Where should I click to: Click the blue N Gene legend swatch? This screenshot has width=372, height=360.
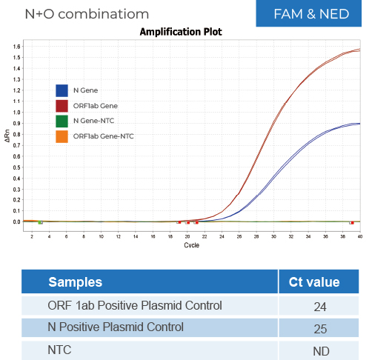pyautogui.click(x=62, y=90)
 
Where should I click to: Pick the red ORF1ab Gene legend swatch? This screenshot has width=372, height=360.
pyautogui.click(x=62, y=106)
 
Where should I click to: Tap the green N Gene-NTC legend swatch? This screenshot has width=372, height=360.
pyautogui.click(x=62, y=121)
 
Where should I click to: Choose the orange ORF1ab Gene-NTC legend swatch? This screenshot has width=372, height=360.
pyautogui.click(x=62, y=136)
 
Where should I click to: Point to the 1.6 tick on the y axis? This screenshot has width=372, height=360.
pyautogui.click(x=16, y=47)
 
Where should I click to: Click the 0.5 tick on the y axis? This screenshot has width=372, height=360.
pyautogui.click(x=16, y=167)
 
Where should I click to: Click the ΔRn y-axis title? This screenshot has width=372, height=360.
pyautogui.click(x=7, y=137)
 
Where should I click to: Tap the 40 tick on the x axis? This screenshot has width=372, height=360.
pyautogui.click(x=360, y=236)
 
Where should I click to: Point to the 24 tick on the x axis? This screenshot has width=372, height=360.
pyautogui.click(x=222, y=236)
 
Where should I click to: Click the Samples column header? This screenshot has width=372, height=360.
pyautogui.click(x=76, y=281)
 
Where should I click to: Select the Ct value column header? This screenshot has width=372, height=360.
pyautogui.click(x=313, y=281)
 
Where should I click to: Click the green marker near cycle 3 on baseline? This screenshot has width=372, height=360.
pyautogui.click(x=40, y=222)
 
